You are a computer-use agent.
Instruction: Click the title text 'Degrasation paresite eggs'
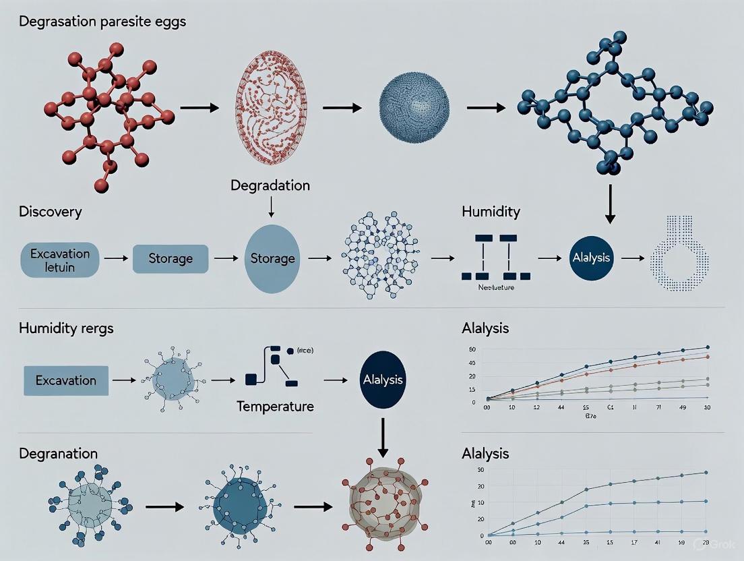click(102, 22)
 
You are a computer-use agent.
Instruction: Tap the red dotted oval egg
click(270, 109)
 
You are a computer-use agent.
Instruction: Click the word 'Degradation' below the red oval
click(270, 185)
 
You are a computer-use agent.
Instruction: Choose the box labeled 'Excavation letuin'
click(60, 260)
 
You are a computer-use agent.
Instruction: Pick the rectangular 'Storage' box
click(170, 259)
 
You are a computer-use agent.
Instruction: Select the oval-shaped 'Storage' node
click(272, 258)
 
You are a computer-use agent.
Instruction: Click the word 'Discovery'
click(51, 212)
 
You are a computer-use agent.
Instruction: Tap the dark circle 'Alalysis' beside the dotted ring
click(591, 258)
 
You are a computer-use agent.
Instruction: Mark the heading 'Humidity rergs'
click(66, 328)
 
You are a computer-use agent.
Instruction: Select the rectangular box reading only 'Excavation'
click(66, 380)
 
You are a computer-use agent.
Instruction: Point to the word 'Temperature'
click(275, 407)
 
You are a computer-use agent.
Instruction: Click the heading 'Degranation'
click(59, 454)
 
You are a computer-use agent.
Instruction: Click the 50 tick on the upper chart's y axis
click(472, 349)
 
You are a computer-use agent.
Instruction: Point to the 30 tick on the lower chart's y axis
click(480, 470)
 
